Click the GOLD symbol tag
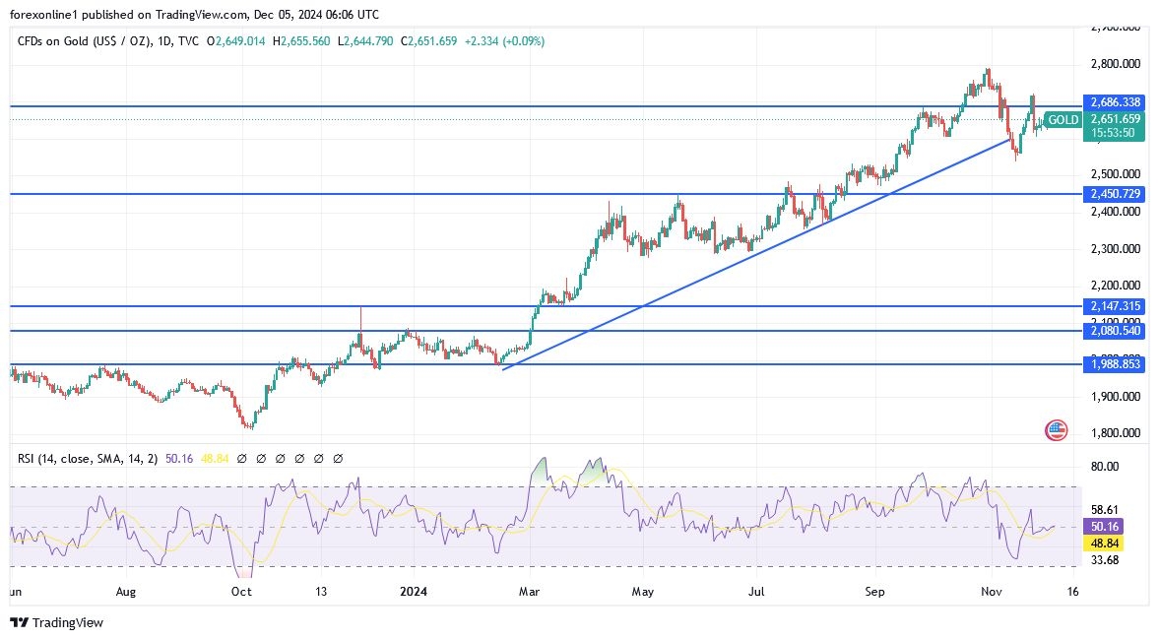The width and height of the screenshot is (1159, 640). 1062,120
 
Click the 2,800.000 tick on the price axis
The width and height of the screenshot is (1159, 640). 1115,64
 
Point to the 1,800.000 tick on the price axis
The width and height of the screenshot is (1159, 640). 1115,433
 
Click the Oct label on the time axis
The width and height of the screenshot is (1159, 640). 241,592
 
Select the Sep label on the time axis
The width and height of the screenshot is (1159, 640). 875,592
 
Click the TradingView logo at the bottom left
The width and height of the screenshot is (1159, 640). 56,622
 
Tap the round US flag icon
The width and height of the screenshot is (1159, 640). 1057,429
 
